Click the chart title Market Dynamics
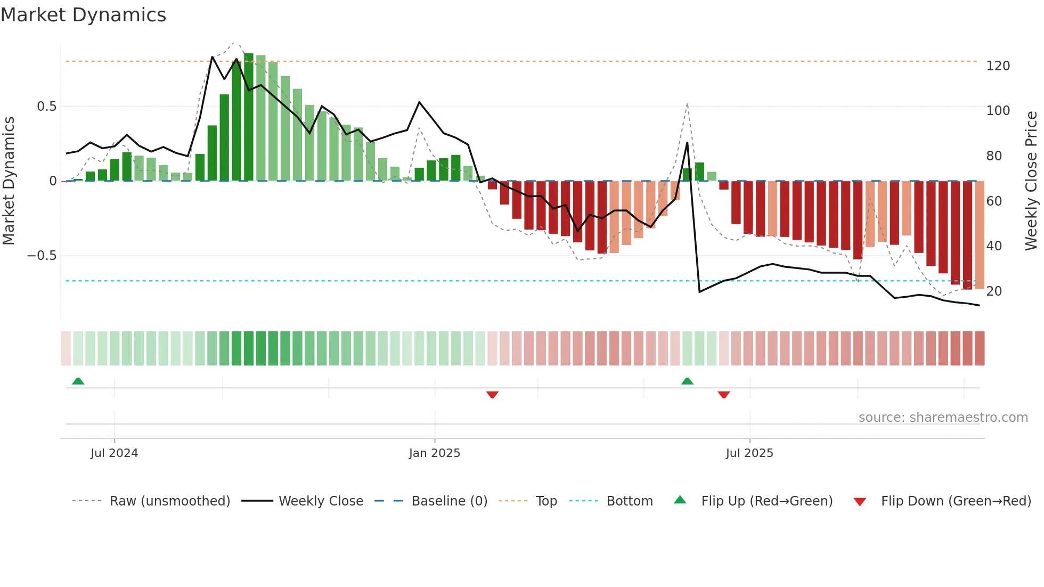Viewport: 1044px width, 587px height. [x=83, y=15]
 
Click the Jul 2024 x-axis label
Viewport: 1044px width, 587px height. [x=114, y=453]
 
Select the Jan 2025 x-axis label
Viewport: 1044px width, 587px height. [x=434, y=453]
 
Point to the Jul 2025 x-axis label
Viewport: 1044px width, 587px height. [x=749, y=453]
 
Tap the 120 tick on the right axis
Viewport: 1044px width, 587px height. [x=998, y=66]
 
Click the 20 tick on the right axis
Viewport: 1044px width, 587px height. [x=994, y=291]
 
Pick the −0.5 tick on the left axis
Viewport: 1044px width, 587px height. [x=42, y=256]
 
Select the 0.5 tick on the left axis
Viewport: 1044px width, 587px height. [x=46, y=107]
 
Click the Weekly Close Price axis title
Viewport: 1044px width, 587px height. [x=1031, y=181]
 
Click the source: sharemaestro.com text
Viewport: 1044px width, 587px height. [x=943, y=418]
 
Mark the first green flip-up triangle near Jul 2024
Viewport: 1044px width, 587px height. [x=78, y=381]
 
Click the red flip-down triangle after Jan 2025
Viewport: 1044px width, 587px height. [x=492, y=395]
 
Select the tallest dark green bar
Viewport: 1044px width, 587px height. [x=249, y=117]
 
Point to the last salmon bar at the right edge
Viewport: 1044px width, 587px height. [x=980, y=234]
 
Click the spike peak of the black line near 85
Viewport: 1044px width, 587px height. [x=687, y=143]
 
